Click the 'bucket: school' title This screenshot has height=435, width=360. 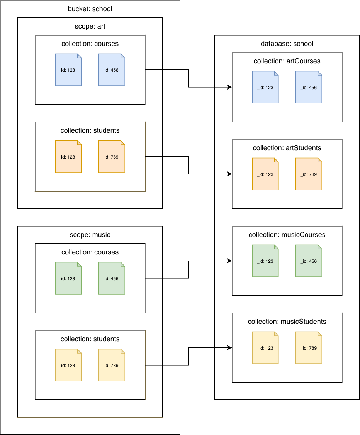pos(90,9)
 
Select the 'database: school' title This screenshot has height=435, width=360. pos(287,44)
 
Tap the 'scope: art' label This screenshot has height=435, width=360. pos(90,26)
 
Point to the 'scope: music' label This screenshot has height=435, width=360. pos(90,235)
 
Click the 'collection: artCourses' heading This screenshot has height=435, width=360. pos(287,61)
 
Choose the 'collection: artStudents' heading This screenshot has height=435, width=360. pos(287,148)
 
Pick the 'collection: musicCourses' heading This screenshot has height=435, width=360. pos(287,235)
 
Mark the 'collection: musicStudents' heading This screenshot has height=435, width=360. pos(287,322)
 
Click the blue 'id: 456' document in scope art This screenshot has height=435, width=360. pos(112,70)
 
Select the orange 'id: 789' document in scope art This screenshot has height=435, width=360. pos(112,157)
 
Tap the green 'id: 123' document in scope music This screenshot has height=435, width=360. pos(68,278)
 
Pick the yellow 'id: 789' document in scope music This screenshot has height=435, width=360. pos(112,365)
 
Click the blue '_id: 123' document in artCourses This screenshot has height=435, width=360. pos(265,87)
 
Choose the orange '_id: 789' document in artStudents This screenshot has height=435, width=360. pos(309,174)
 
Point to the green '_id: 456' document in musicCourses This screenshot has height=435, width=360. pos(309,261)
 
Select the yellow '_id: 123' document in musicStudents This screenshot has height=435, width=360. pos(265,348)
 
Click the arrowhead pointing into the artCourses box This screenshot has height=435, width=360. pos(229,87)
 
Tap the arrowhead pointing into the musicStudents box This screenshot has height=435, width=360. pos(229,348)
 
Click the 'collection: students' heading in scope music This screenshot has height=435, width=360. pos(90,339)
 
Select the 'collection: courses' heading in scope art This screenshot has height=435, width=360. pos(90,44)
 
